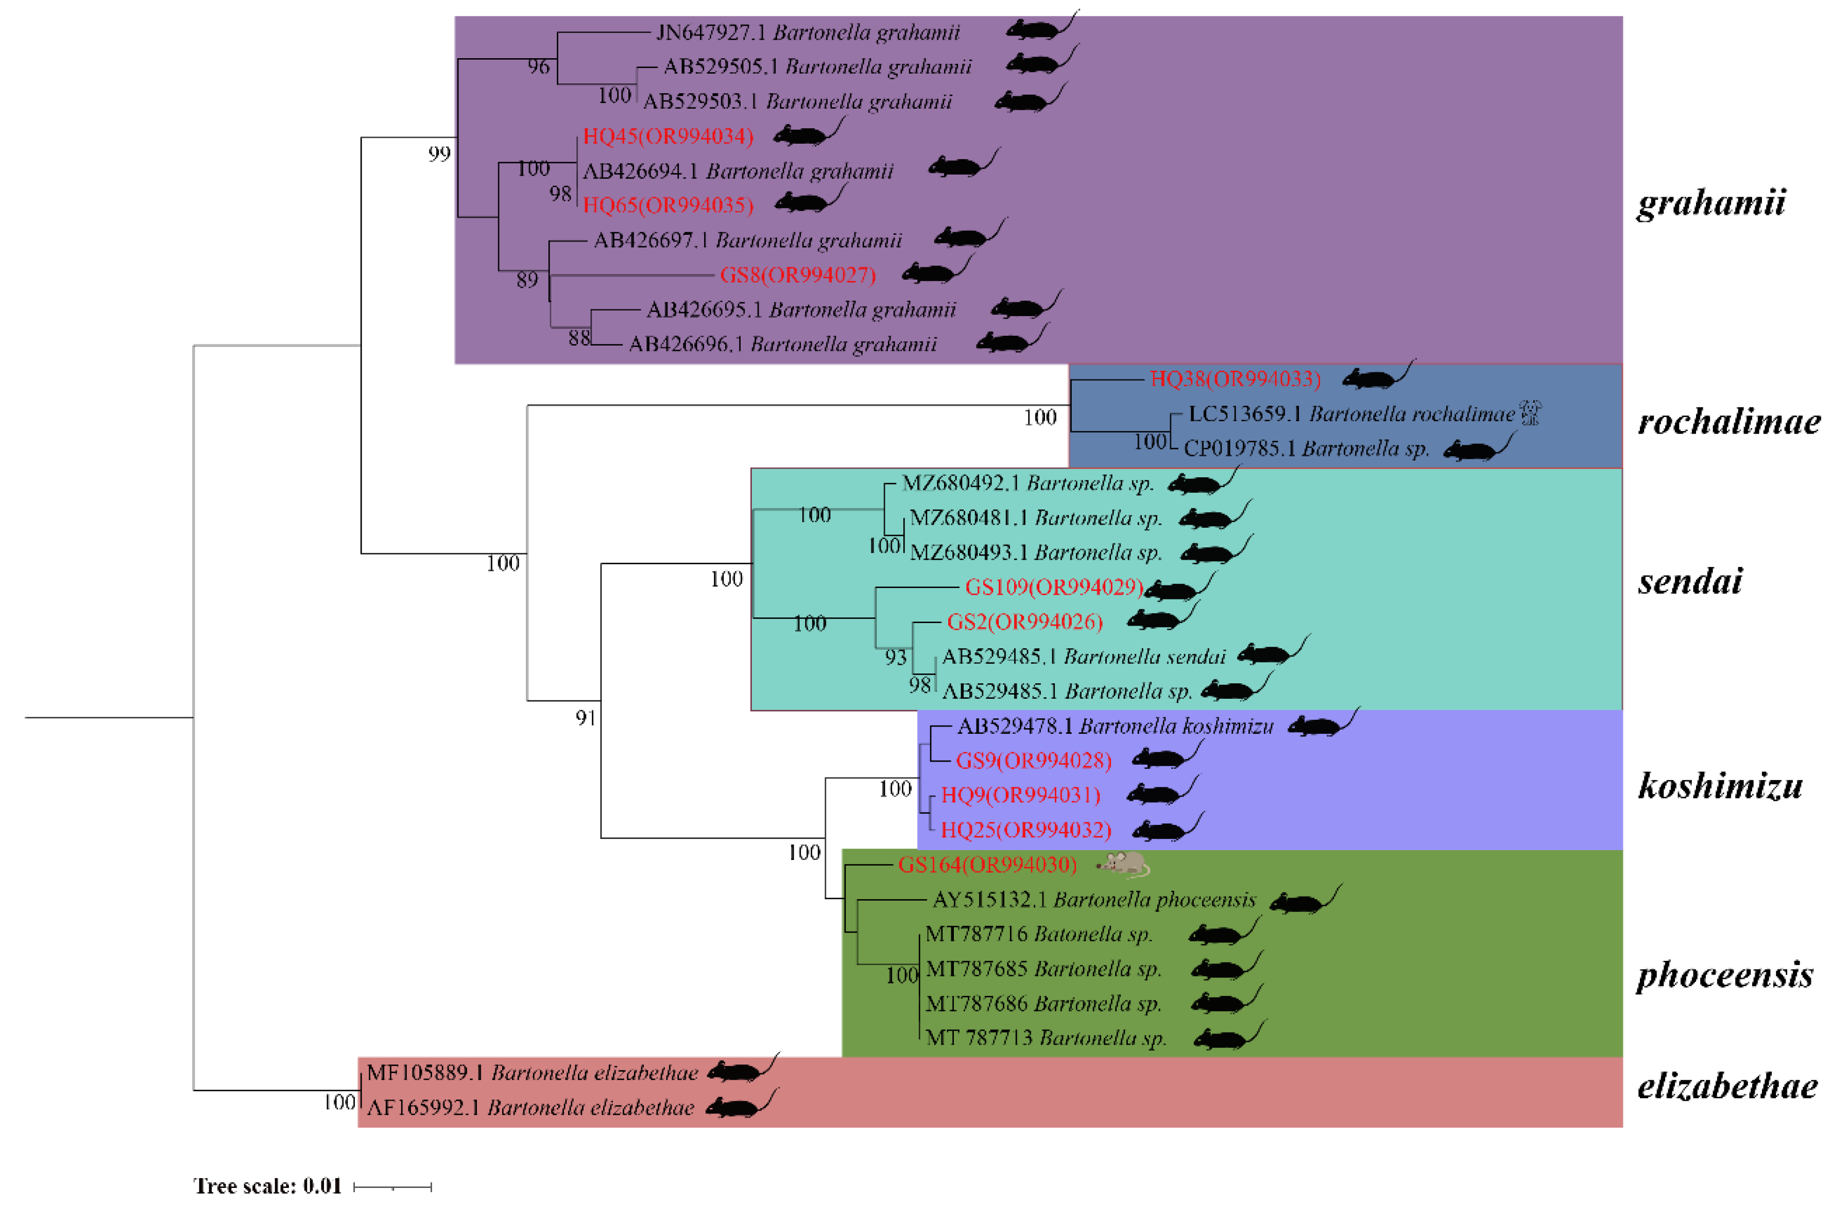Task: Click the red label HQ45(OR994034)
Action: [x=667, y=137]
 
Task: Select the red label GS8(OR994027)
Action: [x=797, y=275]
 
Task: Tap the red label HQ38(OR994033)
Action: [x=1235, y=378]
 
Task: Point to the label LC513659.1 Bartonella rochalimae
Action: [x=1351, y=414]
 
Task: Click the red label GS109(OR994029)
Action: [x=1054, y=588]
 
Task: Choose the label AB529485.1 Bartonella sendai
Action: [x=1083, y=657]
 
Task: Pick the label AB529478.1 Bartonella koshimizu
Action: [x=1115, y=726]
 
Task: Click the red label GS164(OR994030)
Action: [x=987, y=865]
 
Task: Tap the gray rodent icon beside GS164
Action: [x=1124, y=865]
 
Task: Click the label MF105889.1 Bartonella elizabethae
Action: [x=532, y=1072]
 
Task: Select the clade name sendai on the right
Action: [x=1690, y=581]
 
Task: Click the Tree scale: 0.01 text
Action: [x=267, y=1185]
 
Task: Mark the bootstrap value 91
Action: [x=586, y=718]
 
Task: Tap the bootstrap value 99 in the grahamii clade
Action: [x=439, y=154]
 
